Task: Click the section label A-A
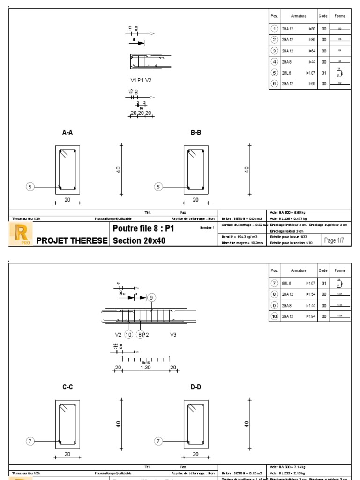click(x=67, y=133)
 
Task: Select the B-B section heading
click(x=195, y=133)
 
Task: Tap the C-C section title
click(x=67, y=387)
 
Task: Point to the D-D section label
click(x=195, y=387)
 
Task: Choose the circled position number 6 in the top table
click(x=275, y=83)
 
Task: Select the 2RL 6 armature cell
click(x=287, y=73)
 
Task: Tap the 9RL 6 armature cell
click(x=287, y=283)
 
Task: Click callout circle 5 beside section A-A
click(x=30, y=187)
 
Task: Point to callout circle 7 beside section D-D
click(x=158, y=441)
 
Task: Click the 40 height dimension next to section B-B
click(x=247, y=169)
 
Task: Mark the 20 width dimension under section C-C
click(x=67, y=454)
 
